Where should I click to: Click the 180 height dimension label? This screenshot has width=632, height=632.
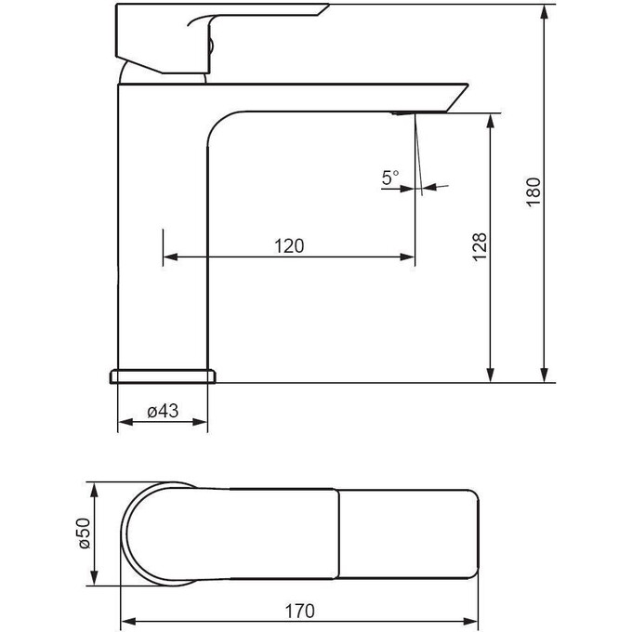coord(533,191)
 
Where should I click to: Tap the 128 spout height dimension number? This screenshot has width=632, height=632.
coord(481,246)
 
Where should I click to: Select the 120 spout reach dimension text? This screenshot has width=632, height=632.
coord(289,246)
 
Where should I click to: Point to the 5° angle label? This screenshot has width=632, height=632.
coord(390,178)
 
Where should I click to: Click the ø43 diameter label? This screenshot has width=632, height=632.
coord(163,411)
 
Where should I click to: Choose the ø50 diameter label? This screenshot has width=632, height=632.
coord(85,533)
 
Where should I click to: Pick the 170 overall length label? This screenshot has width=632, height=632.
coord(300,611)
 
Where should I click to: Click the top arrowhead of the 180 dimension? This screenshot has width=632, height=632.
coord(545,11)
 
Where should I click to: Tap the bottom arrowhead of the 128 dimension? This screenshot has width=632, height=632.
coord(491,375)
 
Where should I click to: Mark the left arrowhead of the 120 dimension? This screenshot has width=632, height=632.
coord(170,257)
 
